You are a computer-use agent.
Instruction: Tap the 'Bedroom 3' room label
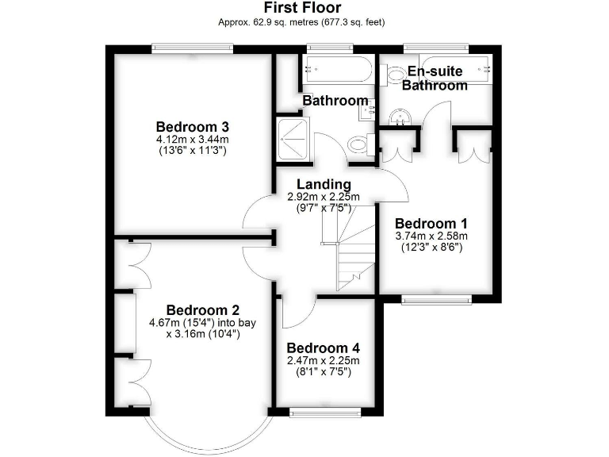pos(193,127)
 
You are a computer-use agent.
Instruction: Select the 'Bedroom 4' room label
pos(324,348)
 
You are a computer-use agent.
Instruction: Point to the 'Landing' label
pos(324,185)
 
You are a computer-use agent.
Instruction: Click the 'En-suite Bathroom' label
pos(435,79)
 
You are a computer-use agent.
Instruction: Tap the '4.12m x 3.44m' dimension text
pos(193,140)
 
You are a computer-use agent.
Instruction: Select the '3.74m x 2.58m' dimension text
pos(431,236)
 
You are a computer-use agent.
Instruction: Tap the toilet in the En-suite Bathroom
pos(396,75)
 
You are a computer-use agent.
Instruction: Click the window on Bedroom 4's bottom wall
pos(324,411)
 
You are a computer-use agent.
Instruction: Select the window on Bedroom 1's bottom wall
pos(436,299)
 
